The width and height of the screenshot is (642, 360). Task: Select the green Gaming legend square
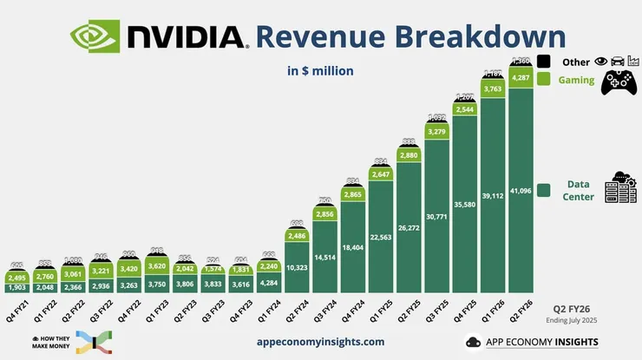545,79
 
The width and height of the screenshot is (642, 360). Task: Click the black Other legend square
545,62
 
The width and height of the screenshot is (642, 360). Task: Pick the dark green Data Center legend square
545,189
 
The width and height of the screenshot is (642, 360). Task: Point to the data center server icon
619,188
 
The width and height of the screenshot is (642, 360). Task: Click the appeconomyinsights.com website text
321,342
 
